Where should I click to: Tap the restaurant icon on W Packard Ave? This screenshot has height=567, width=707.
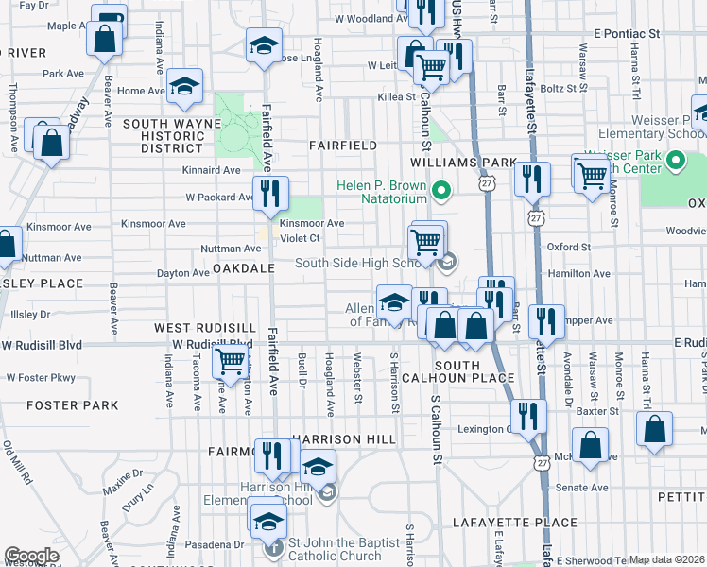tap(270, 194)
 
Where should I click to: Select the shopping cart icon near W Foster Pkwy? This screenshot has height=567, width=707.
tap(230, 360)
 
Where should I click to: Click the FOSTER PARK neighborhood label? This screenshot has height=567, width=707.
tap(73, 405)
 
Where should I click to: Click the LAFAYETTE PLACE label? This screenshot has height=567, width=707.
tap(514, 523)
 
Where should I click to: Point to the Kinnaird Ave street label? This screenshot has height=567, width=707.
tap(213, 171)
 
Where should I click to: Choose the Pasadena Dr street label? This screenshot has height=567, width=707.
tap(215, 545)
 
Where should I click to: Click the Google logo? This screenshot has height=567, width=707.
tap(31, 556)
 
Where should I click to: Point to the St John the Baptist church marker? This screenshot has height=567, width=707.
tap(273, 545)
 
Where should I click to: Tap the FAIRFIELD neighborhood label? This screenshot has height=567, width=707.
tap(343, 146)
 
